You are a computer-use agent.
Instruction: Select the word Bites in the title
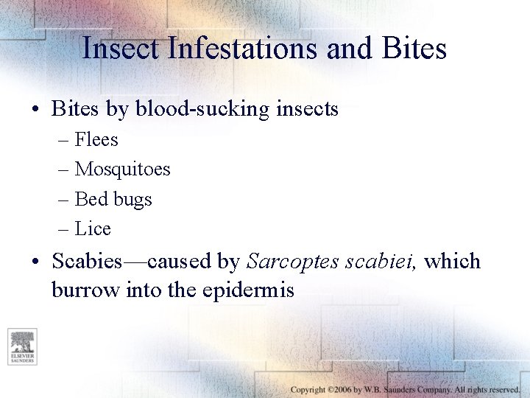pos(414,49)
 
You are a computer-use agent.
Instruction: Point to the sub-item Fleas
pos(96,139)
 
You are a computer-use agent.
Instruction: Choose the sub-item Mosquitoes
pos(122,170)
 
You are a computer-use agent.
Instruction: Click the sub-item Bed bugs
pos(113,199)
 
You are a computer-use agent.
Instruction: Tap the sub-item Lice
pos(93,229)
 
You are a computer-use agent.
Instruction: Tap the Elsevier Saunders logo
pos(22,346)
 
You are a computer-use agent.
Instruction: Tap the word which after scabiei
pos(453,261)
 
